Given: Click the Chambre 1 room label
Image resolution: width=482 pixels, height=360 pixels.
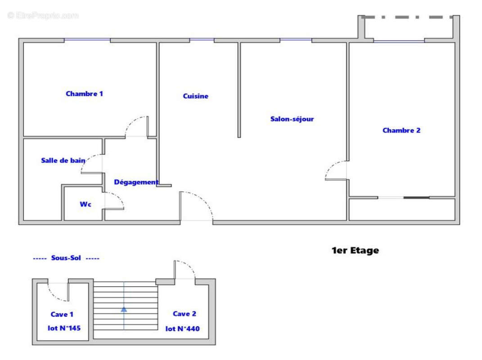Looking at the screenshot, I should pos(85,94).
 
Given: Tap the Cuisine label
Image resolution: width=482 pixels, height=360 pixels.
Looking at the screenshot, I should pos(195,96).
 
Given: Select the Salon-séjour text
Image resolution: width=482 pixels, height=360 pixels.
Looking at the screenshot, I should pos(292,119).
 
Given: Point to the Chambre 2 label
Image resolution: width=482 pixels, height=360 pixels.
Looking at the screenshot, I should pos(401,130).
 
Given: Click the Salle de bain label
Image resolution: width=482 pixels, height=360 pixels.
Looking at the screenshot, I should pos(63,161).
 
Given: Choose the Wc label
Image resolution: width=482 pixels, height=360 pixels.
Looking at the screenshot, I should pos(86,204).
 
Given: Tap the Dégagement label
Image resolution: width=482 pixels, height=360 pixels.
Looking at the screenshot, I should pos(136,182).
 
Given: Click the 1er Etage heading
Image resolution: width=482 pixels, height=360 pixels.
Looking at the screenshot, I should pos(355,251).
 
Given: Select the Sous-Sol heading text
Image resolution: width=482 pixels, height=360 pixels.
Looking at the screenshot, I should pos(66,258).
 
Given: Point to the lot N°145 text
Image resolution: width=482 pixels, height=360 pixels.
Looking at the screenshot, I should pos(64,328).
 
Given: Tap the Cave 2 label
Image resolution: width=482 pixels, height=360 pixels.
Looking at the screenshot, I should pos(185,314).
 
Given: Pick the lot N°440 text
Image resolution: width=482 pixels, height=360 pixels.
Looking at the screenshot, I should pos(182,329).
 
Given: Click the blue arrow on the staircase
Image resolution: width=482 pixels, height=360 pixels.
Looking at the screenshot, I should pos(124,309).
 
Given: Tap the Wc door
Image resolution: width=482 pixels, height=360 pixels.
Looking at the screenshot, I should pos(115,200).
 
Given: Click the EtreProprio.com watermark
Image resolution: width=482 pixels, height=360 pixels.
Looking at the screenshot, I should pos(43,16).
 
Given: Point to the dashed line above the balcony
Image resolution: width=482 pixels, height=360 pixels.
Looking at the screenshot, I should pos(407,17).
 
